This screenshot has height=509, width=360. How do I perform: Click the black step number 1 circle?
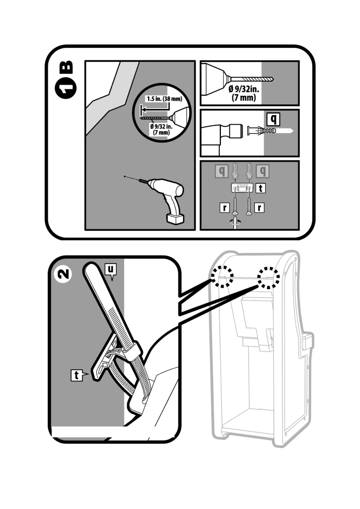click(x=66, y=88)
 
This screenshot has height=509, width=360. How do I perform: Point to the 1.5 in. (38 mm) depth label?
click(x=164, y=99)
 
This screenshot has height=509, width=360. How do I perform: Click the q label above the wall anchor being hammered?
click(x=274, y=119)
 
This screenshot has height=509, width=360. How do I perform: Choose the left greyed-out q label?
click(x=222, y=171)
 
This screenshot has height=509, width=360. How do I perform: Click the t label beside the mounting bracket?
click(x=260, y=188)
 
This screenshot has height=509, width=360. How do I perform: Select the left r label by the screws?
click(x=225, y=208)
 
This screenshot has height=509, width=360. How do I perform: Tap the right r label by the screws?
click(x=259, y=208)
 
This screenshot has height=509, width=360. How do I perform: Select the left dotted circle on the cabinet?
click(x=222, y=277)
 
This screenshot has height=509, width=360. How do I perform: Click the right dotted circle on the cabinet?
click(x=268, y=277)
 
